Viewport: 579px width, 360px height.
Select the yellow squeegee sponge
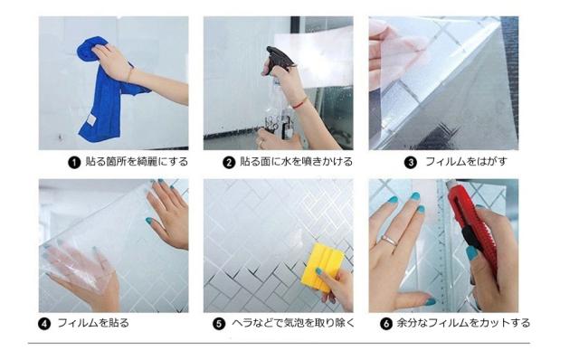pyautogui.click(x=322, y=267)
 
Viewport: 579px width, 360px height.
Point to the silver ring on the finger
pyautogui.click(x=389, y=241)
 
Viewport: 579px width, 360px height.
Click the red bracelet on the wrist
pyautogui.click(x=299, y=103)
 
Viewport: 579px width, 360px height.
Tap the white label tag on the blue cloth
pyautogui.click(x=90, y=119)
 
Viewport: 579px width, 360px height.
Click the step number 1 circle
pyautogui.click(x=74, y=163)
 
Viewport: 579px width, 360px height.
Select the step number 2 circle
pyautogui.click(x=229, y=163)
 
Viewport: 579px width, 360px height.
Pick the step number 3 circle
pyautogui.click(x=410, y=163)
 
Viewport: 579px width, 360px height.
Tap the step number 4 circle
pyautogui.click(x=44, y=324)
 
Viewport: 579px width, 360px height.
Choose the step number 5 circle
pyautogui.click(x=219, y=324)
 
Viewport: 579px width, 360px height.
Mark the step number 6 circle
pyautogui.click(x=386, y=324)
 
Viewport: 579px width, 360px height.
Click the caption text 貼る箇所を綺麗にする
pyautogui.click(x=137, y=162)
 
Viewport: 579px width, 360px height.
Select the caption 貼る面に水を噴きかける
pyautogui.click(x=296, y=162)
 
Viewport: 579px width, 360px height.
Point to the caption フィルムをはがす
pyautogui.click(x=467, y=162)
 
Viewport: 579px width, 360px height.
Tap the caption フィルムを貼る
pyautogui.click(x=93, y=323)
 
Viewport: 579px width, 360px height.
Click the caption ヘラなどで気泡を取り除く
pyautogui.click(x=293, y=323)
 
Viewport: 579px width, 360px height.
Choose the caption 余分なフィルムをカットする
pyautogui.click(x=463, y=323)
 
